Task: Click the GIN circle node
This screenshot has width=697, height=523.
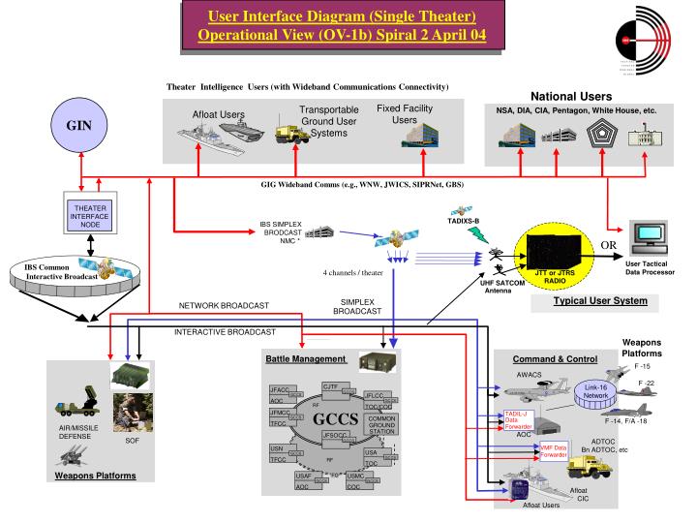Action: click(78, 126)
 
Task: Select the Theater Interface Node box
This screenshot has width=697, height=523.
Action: click(90, 214)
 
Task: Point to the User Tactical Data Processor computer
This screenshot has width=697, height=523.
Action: click(645, 237)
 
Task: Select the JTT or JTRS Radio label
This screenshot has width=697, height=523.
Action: click(561, 274)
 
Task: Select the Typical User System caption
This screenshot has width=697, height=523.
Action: click(599, 301)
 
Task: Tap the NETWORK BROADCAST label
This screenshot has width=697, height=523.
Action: click(224, 306)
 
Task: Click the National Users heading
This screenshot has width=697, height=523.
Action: click(570, 96)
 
